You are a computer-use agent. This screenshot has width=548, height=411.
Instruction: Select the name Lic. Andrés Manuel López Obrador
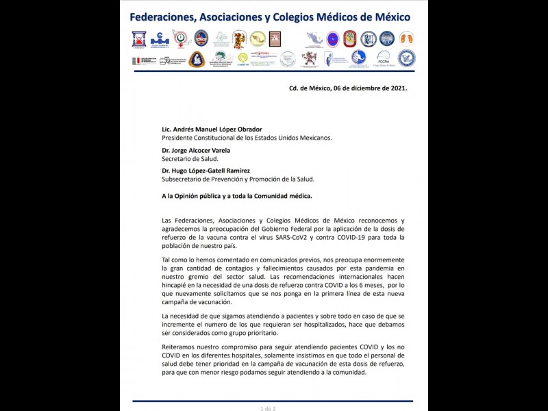[212, 129]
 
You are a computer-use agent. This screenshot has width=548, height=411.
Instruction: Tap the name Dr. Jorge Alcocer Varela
[195, 150]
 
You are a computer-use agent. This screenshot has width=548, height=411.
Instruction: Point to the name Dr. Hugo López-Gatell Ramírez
[206, 171]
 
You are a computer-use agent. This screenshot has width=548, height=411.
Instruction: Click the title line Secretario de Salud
[190, 158]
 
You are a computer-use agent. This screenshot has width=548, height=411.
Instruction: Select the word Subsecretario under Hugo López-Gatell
[186, 179]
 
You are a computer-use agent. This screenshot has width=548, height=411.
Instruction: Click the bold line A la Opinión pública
[236, 196]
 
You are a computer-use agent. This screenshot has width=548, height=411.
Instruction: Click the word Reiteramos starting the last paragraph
[182, 347]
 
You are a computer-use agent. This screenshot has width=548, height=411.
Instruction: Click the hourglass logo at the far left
[139, 39]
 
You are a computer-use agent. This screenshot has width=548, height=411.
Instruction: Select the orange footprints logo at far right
[406, 38]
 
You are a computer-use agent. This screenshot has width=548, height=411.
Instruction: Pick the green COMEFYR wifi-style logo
[242, 59]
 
